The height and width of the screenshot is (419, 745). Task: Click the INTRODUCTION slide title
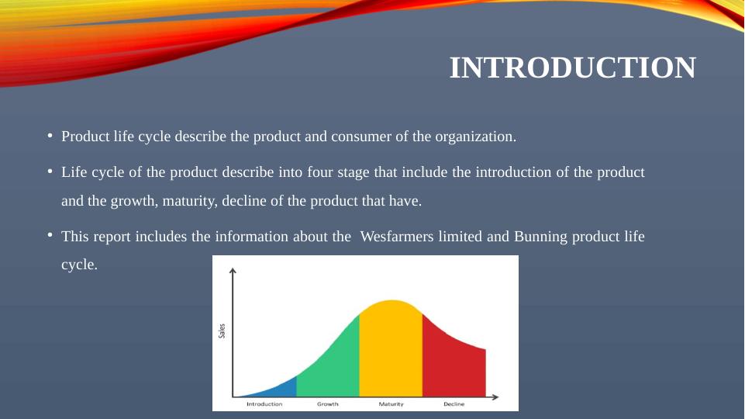pos(573,68)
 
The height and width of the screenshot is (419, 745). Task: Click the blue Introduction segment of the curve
pos(281,389)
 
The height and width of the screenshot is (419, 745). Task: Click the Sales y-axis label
pos(222,331)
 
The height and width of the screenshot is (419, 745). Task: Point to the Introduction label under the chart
pos(264,404)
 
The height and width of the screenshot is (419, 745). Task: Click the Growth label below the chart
pos(328,404)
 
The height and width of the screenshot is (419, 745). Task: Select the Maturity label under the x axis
pos(391,404)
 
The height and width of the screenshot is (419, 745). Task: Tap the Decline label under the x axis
pos(454,404)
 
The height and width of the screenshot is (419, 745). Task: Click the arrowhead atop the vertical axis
pos(233,271)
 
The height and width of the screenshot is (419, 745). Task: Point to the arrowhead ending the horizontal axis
pos(495,396)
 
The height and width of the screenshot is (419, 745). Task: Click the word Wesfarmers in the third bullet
pos(397,237)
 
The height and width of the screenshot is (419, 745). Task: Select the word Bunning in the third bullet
pos(540,237)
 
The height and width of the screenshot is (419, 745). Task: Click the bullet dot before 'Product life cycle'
pos(50,136)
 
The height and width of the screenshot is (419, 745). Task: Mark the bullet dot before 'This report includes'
pos(50,235)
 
